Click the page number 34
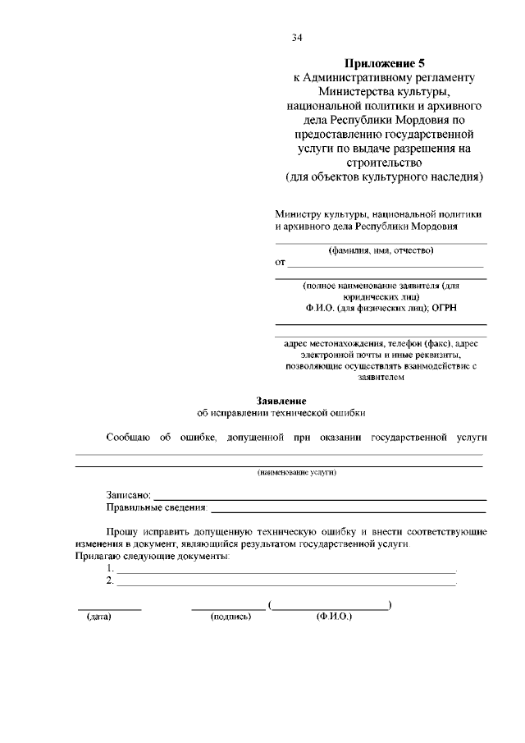[296, 37]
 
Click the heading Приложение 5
[385, 62]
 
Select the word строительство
[385, 162]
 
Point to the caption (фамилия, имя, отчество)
[381, 250]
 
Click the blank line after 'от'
[386, 265]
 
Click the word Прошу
[121, 532]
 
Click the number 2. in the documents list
[111, 581]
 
